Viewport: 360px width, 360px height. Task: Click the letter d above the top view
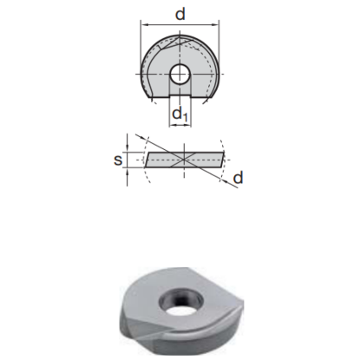click(x=180, y=13)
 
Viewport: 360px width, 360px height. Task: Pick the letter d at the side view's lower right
click(x=239, y=177)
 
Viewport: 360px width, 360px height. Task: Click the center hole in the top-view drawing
click(x=180, y=74)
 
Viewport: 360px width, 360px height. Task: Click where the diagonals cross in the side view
click(x=185, y=158)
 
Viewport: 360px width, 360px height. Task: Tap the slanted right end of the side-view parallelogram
click(x=223, y=158)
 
